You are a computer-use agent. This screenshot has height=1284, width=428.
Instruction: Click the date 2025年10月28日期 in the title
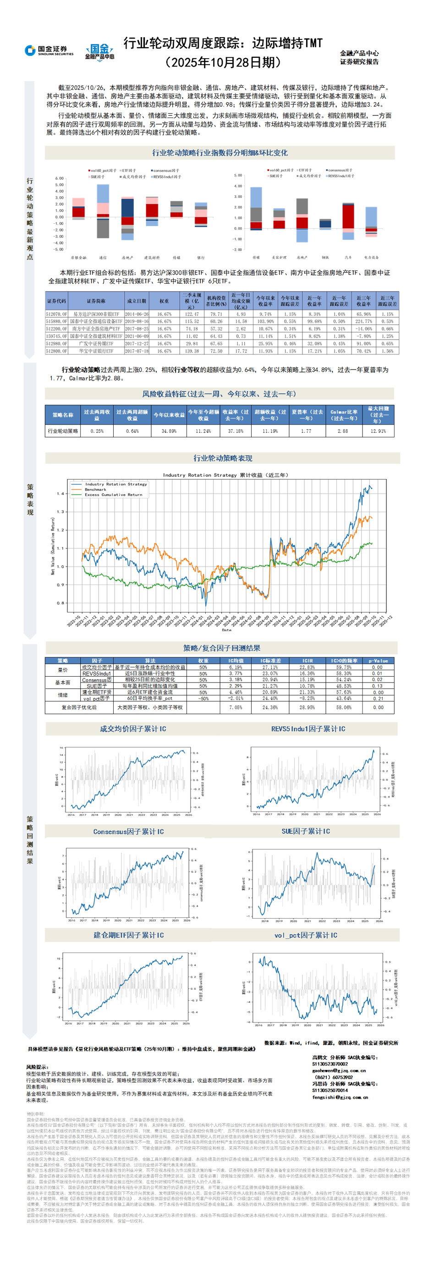pyautogui.click(x=223, y=62)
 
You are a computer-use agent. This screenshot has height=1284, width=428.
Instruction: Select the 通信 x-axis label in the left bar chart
pyautogui.click(x=103, y=258)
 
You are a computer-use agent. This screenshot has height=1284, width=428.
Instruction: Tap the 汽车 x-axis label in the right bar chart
pyautogui.click(x=348, y=257)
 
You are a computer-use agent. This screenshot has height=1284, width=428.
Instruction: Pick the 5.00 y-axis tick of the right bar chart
pyautogui.click(x=238, y=176)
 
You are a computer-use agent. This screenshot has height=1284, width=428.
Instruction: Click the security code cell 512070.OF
pyautogui.click(x=56, y=314)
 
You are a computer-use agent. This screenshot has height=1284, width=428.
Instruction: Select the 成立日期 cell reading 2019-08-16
pyautogui.click(x=137, y=321)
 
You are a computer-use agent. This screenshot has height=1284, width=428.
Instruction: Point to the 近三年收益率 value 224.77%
pyautogui.click(x=363, y=321)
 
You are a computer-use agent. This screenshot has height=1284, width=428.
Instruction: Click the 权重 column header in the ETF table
pyautogui.click(x=164, y=301)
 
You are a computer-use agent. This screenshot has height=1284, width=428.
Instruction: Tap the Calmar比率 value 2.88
pyautogui.click(x=343, y=430)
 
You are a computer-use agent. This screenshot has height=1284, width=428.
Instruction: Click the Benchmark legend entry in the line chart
pyautogui.click(x=95, y=490)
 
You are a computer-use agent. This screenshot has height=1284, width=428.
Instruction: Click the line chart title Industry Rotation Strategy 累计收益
pyautogui.click(x=225, y=475)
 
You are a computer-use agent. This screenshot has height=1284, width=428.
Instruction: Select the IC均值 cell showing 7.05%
pyautogui.click(x=235, y=707)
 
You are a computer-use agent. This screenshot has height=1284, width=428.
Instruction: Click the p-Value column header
pyautogui.click(x=378, y=661)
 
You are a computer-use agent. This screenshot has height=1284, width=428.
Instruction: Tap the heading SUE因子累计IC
pyautogui.click(x=306, y=832)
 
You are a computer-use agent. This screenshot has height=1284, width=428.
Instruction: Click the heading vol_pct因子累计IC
pyautogui.click(x=306, y=936)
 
